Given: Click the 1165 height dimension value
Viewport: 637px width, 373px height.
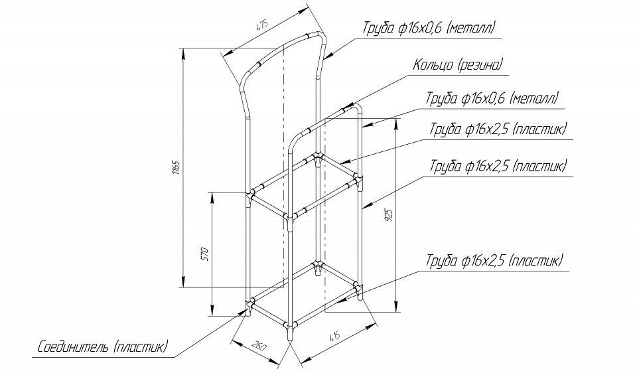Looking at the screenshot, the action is tap(176, 167).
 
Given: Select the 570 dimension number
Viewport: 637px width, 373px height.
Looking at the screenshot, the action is tap(205, 254).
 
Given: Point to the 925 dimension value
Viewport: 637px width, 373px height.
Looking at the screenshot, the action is tap(388, 215).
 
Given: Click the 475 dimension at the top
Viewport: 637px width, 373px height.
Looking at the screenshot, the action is tap(261, 26).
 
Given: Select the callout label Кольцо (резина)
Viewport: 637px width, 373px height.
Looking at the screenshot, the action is tap(458, 64).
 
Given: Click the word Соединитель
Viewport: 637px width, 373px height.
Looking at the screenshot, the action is tap(73, 347).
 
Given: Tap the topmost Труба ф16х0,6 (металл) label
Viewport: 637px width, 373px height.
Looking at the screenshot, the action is tap(429, 29).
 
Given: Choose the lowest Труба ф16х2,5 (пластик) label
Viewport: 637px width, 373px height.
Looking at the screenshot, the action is tap(494, 260).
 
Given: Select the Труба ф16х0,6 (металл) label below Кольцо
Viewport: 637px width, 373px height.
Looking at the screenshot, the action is tap(492, 98).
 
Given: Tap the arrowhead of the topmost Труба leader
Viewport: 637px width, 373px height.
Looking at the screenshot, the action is tap(330, 55).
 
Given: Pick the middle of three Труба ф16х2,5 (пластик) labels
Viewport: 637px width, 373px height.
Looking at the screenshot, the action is tap(498, 166).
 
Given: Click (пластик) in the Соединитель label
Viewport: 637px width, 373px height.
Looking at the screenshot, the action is tap(141, 347).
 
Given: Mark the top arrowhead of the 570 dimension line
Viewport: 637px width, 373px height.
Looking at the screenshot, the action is tap(212, 198).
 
